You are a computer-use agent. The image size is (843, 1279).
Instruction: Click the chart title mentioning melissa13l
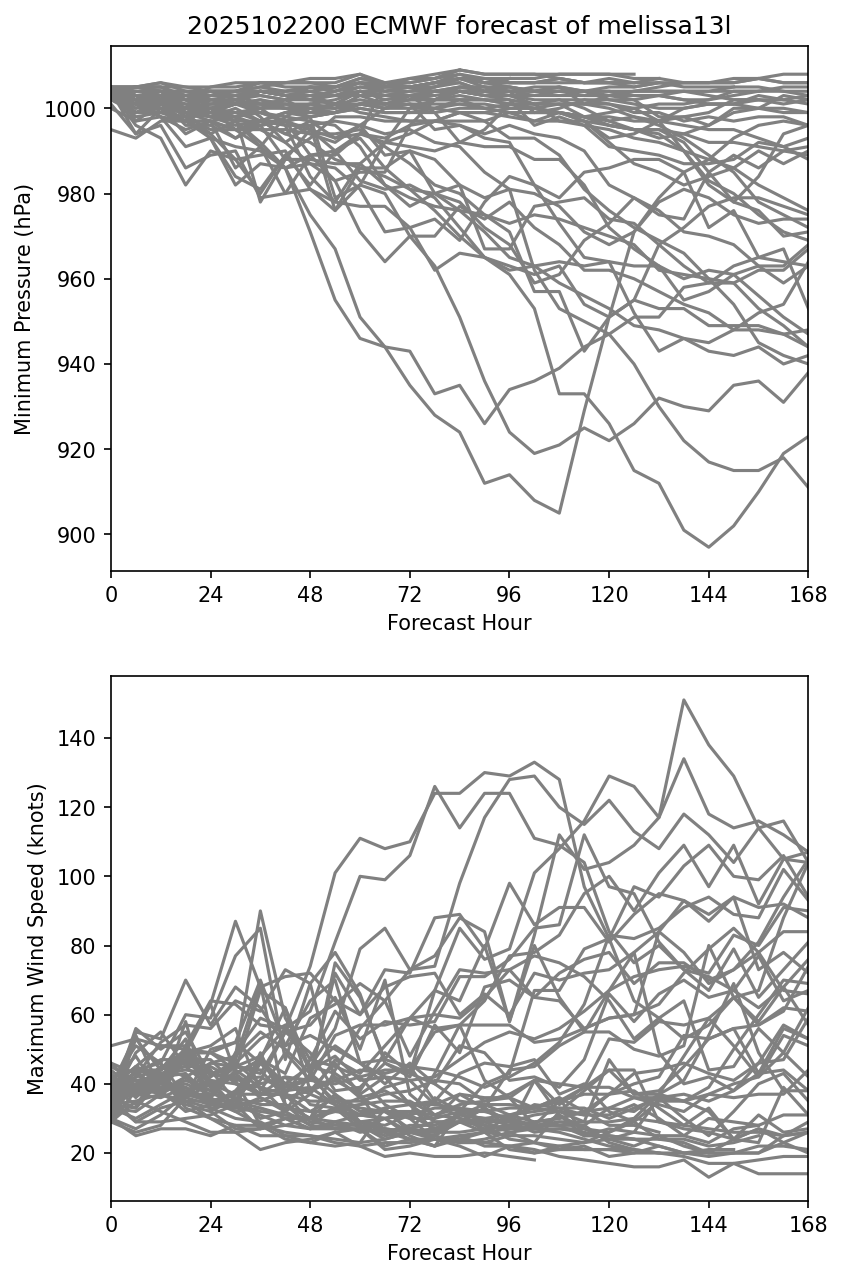pyautogui.click(x=459, y=27)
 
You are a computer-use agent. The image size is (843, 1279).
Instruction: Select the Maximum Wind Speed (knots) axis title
pyautogui.click(x=35, y=939)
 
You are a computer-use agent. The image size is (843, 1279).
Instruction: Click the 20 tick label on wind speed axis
pyautogui.click(x=86, y=1154)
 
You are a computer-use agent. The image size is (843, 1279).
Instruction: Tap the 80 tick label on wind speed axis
pyautogui.click(x=86, y=946)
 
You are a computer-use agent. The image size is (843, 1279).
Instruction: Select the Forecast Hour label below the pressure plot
pyautogui.click(x=459, y=623)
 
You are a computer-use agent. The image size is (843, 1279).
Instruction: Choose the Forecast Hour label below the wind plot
pyautogui.click(x=459, y=1252)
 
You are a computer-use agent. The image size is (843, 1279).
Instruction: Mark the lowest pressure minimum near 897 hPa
pyautogui.click(x=709, y=547)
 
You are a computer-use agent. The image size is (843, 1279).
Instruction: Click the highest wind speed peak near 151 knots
pyautogui.click(x=684, y=700)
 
